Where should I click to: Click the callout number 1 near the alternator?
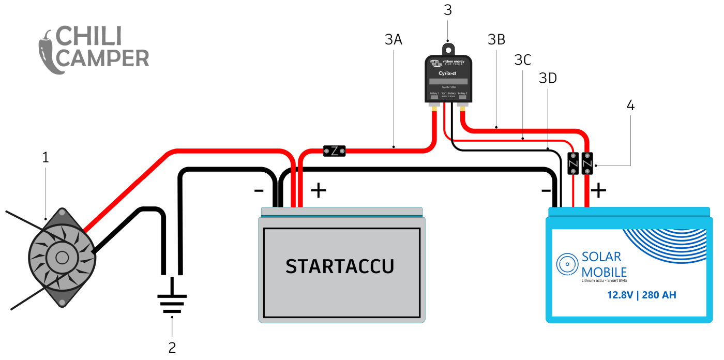pos(46,157)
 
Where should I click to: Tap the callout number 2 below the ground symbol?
pos(172,347)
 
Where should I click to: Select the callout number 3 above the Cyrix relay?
pos(448,10)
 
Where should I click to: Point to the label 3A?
pos(394,39)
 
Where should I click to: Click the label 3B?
pos(496,39)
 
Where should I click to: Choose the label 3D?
pos(548,78)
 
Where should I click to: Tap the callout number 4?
pos(630,105)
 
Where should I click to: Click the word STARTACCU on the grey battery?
pos(340,266)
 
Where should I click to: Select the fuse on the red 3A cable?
pos(334,151)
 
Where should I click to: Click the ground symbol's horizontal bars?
pos(172,303)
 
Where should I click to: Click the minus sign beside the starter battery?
pos(259,190)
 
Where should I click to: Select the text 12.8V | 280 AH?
pos(641,295)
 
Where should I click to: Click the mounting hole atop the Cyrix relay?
pos(448,49)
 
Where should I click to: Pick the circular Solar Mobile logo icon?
pos(567,264)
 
